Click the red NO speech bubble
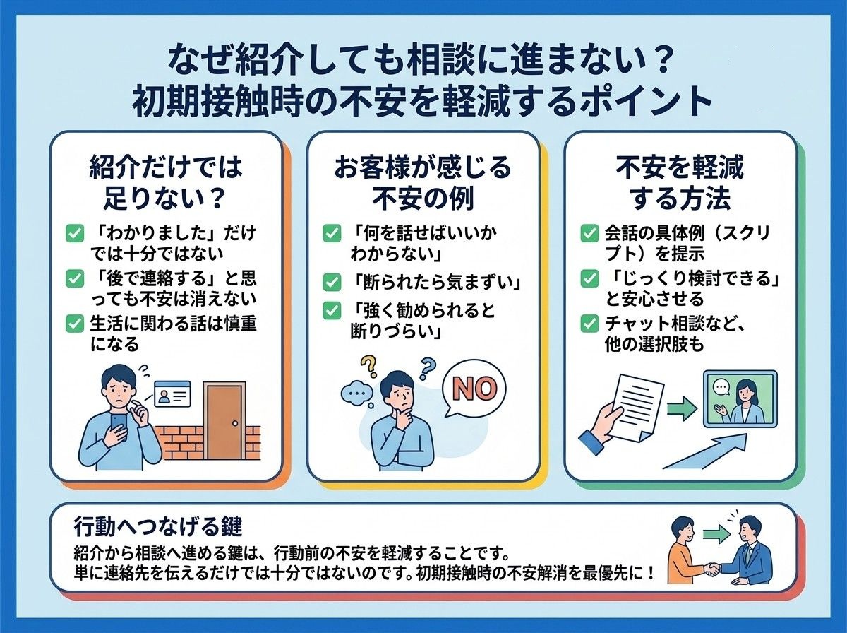[474, 390]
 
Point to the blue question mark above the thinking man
[428, 368]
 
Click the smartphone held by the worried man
[119, 427]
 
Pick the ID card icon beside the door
[172, 394]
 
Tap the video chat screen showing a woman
[740, 399]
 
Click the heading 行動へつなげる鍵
[158, 527]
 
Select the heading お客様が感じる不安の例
[423, 184]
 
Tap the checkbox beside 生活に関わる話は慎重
[75, 324]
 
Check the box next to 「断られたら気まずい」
[332, 283]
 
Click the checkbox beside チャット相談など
[589, 324]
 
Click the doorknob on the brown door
[235, 423]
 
